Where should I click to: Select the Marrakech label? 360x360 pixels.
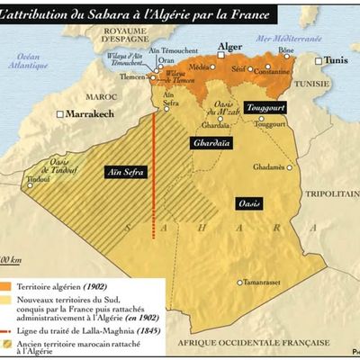[112, 114]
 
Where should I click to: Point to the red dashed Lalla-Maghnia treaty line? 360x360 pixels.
[154, 180]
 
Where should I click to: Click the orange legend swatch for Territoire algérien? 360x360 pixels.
[15, 286]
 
